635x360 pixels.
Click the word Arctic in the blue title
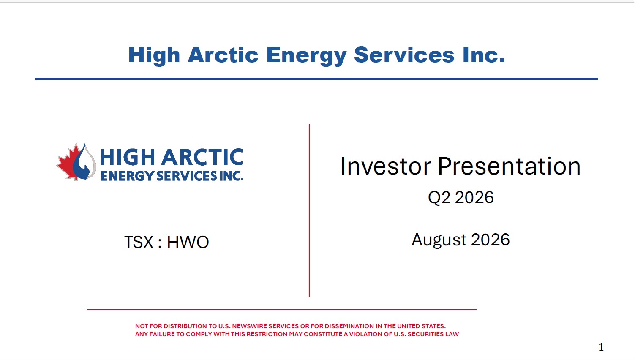[223, 55]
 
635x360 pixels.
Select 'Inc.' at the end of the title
[484, 55]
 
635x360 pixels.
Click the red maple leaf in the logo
[68, 162]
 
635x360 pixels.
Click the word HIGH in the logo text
[127, 157]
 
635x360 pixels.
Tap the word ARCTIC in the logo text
[202, 157]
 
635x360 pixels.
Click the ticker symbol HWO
[188, 243]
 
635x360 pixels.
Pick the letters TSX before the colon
[138, 243]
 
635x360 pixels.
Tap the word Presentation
[509, 166]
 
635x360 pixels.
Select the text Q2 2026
[461, 197]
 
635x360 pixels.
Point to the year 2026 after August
[490, 240]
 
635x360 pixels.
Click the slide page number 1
[601, 347]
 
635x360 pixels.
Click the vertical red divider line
[309, 210]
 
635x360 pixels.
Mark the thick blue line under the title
[316, 79]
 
